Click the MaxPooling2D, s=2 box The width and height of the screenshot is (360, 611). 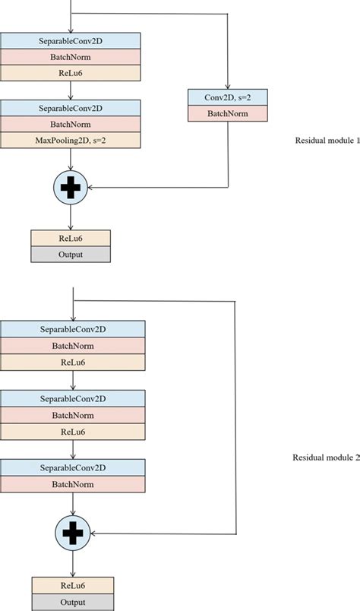(x=71, y=141)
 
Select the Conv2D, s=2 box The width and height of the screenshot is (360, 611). (x=228, y=97)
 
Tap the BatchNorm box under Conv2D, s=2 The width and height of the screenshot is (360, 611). (x=228, y=112)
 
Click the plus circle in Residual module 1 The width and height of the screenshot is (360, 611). (x=71, y=187)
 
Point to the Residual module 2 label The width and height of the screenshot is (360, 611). (x=326, y=457)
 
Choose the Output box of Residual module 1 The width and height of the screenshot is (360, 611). (x=71, y=255)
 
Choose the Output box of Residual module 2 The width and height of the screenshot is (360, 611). (x=72, y=601)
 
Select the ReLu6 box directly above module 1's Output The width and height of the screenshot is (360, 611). (x=71, y=238)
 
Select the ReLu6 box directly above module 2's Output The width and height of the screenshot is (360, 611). (x=72, y=584)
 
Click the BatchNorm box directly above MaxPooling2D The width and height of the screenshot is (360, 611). (x=71, y=125)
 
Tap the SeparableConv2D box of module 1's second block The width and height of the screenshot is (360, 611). (x=71, y=109)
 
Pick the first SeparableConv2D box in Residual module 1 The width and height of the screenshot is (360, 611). (x=71, y=40)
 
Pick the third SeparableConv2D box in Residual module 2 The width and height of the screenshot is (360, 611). (x=72, y=467)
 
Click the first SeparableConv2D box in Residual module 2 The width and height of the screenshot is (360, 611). (x=72, y=329)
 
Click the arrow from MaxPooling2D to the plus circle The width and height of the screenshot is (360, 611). (x=71, y=159)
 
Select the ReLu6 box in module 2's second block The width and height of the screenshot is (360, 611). (x=72, y=431)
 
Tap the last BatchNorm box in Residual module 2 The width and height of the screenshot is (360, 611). (x=72, y=483)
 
